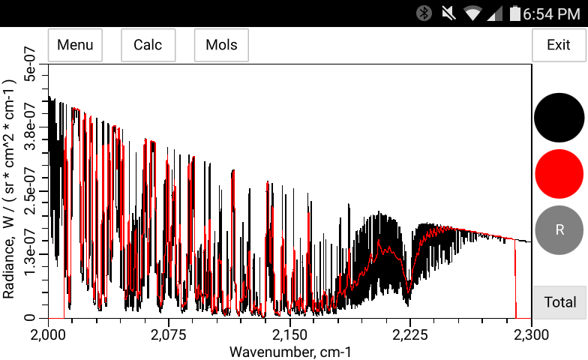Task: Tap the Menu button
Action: pos(75,45)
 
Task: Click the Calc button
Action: pos(148,45)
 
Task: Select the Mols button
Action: pos(221,45)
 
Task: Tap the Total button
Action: pos(559,302)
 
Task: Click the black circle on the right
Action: pos(559,118)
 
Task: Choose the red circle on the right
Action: pos(559,173)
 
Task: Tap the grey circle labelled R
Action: pos(559,229)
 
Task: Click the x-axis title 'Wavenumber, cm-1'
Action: pos(289,351)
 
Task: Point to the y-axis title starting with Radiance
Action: pos(9,190)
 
